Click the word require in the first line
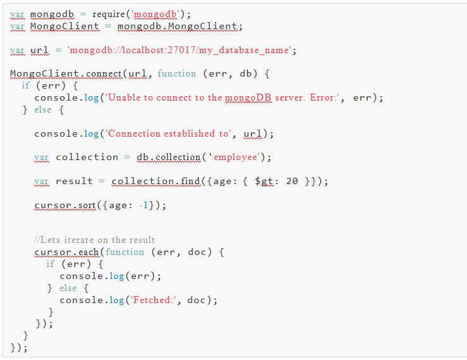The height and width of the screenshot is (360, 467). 108,14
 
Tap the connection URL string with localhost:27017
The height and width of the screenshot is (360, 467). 181,50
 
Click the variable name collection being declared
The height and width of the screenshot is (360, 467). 87,158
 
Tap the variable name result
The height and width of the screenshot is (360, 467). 75,182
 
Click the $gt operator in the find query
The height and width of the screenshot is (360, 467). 266,182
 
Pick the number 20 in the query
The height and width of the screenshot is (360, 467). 292,182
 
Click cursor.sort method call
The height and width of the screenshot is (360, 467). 64,206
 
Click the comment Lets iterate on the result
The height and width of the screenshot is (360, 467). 94,240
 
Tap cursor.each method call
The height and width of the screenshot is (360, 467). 66,252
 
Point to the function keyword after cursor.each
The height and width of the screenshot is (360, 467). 125,252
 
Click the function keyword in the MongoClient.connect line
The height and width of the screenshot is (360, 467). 177,74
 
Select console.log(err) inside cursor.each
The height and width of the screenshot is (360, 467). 111,276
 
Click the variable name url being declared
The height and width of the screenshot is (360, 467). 39,50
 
